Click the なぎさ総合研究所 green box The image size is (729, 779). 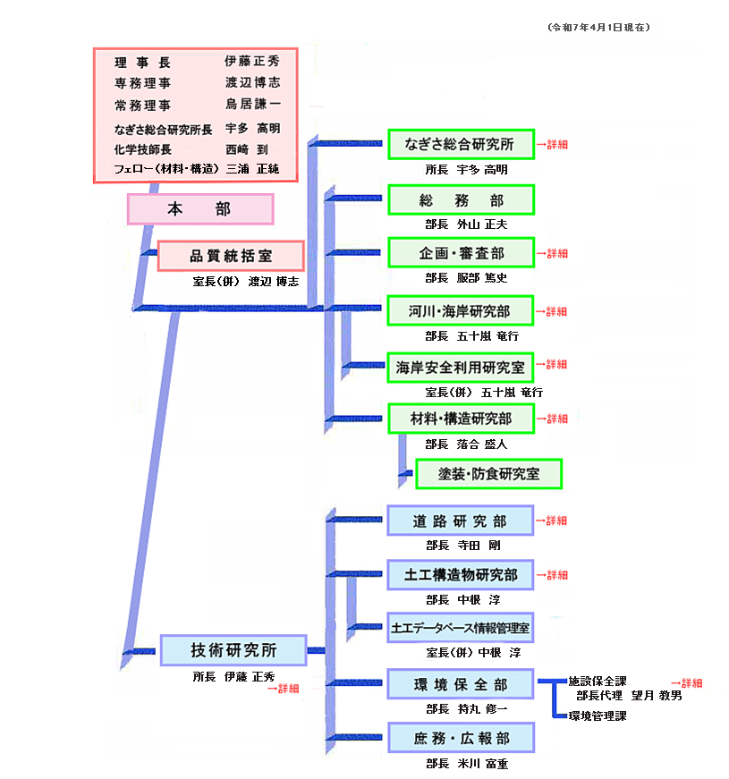462,145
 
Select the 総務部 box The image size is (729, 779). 462,200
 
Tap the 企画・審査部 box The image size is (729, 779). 462,253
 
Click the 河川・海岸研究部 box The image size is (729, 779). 461,311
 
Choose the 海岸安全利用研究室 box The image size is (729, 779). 461,368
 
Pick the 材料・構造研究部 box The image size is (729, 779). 462,419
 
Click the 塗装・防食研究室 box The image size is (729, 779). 489,474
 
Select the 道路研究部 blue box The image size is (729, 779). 461,521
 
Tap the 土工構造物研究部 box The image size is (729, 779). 461,575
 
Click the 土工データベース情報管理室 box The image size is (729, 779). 461,628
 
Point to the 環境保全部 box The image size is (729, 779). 461,684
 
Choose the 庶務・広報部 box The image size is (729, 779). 462,738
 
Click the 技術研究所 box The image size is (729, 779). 233,650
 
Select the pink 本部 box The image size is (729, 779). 200,209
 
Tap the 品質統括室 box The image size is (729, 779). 231,256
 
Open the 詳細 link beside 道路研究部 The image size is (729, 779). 552,521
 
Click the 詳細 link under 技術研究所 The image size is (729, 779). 284,689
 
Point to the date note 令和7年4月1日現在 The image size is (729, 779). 598,28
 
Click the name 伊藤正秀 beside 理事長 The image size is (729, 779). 252,61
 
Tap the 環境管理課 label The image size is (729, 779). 598,715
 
